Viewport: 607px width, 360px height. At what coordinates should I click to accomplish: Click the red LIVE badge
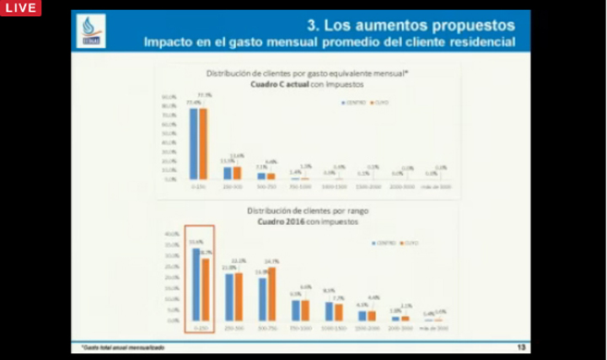20,8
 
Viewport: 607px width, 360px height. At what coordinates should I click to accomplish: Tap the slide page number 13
521,347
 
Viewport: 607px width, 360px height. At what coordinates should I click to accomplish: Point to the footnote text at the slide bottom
123,347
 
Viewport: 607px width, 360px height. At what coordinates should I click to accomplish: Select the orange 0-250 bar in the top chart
203,144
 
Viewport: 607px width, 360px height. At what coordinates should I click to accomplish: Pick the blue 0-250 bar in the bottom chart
196,285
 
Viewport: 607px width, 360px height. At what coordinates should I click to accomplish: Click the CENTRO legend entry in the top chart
353,102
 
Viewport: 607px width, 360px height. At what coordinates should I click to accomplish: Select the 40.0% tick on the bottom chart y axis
171,234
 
